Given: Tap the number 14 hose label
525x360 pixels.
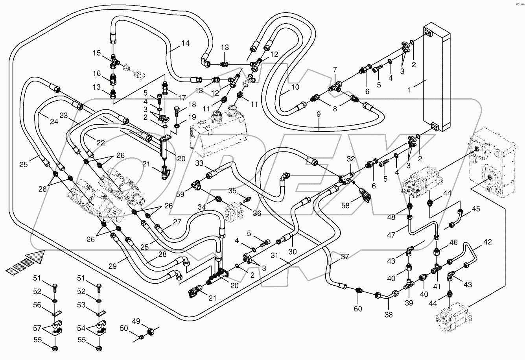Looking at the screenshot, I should coord(185,43).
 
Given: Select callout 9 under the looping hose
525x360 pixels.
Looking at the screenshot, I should coord(319,114).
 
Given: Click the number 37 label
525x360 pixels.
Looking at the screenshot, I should coord(345,257).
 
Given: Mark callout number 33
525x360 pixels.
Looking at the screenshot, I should coord(200,163).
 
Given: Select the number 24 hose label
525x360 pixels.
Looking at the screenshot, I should coord(54,122).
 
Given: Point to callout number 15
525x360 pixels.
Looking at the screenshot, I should coord(97,53).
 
